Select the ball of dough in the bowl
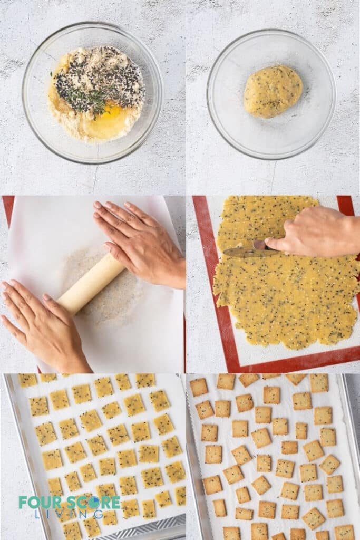(273, 91)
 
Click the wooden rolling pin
(90, 284)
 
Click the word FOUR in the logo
(36, 502)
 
